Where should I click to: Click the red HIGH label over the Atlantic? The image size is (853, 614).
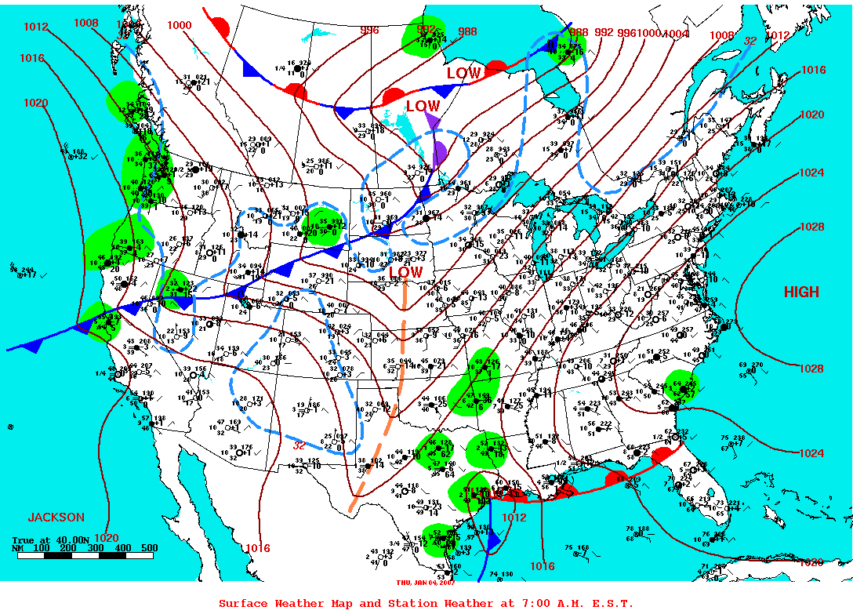coord(801,292)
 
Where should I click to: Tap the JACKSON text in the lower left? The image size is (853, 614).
coord(56,518)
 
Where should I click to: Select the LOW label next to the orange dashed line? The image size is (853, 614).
coord(406,272)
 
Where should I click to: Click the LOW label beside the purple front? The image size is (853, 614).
coord(423,106)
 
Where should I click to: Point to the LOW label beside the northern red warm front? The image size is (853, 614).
coord(463,73)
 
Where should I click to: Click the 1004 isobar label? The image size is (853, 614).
coord(675,33)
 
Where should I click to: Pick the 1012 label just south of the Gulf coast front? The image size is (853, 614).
coord(514,518)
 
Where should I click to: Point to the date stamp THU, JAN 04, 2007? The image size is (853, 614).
coord(426,582)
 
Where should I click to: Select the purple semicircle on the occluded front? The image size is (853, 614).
coord(439,151)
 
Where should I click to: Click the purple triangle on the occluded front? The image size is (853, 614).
coord(432,120)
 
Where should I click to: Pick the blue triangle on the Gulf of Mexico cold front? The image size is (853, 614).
coord(493,540)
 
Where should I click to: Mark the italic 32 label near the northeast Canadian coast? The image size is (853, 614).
coord(750,41)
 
